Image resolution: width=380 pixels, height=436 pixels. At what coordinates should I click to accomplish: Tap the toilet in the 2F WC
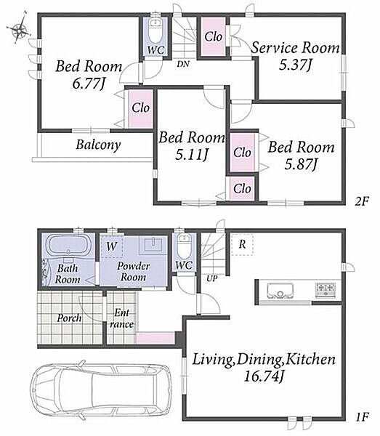pyautogui.click(x=155, y=31)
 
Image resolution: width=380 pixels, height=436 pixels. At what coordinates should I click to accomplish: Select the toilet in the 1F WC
pyautogui.click(x=183, y=246)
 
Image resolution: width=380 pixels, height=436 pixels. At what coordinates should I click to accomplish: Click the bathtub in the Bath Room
pyautogui.click(x=68, y=246)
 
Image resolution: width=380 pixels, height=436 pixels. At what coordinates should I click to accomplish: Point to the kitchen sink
pyautogui.click(x=280, y=291)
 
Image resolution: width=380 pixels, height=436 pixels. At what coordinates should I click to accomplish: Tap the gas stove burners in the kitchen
pyautogui.click(x=326, y=290)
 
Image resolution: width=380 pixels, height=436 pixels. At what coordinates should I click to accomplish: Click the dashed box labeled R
pyautogui.click(x=242, y=244)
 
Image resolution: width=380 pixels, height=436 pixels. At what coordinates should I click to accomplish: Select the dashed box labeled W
pyautogui.click(x=111, y=246)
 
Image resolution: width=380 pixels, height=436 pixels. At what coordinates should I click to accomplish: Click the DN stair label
pyautogui.click(x=183, y=64)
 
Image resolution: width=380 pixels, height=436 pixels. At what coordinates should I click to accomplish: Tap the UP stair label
pyautogui.click(x=212, y=278)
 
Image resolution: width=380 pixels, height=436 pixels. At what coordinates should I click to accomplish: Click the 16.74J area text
pyautogui.click(x=264, y=376)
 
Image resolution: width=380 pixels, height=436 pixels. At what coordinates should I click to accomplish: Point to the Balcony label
pyautogui.click(x=98, y=145)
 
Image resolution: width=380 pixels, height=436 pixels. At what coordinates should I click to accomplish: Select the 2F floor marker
pyautogui.click(x=362, y=201)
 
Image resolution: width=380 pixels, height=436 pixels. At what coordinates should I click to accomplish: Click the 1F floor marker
pyautogui.click(x=362, y=416)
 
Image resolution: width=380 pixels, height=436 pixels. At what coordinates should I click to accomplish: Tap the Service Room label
pyautogui.click(x=295, y=48)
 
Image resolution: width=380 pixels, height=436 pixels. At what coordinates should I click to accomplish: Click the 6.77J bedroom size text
pyautogui.click(x=89, y=83)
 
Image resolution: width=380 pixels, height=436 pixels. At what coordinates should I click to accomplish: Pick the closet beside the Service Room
pyautogui.click(x=213, y=37)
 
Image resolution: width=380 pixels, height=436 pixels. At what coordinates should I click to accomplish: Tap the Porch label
pyautogui.click(x=69, y=318)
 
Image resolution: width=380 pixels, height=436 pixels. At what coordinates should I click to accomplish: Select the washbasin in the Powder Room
pyautogui.click(x=153, y=244)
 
